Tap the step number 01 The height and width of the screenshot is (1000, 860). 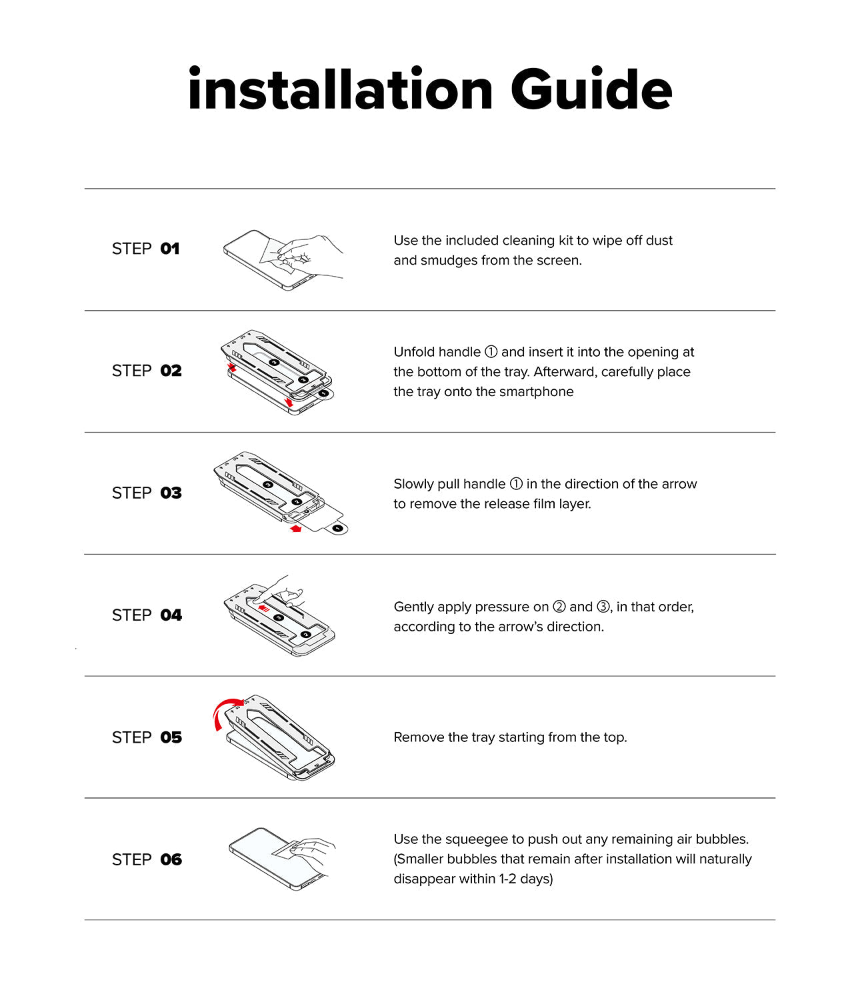point(170,249)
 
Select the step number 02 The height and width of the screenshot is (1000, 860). point(171,371)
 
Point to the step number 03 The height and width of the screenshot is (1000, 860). point(171,493)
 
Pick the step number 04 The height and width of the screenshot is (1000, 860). point(171,615)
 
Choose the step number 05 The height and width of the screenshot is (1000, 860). point(171,737)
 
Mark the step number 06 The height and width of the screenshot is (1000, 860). point(171,859)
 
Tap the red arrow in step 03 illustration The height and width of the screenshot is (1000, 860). point(295,529)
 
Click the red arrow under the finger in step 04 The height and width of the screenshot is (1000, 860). point(263,608)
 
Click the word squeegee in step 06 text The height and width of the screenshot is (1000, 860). point(474,839)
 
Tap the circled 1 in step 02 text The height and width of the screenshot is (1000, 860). point(491,352)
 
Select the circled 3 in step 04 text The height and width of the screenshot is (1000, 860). point(603,607)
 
